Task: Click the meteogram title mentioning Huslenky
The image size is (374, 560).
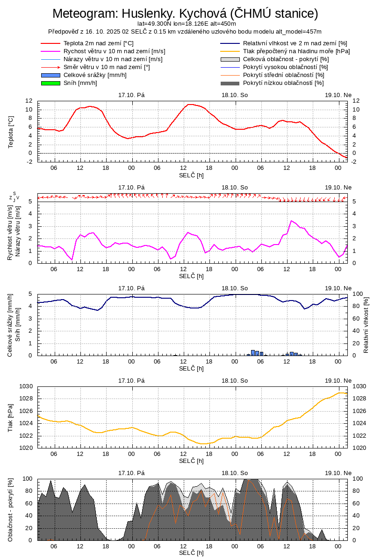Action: [x=185, y=14]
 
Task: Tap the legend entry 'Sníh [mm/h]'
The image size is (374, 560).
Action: [x=80, y=83]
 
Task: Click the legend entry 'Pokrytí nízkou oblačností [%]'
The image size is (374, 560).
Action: [x=283, y=83]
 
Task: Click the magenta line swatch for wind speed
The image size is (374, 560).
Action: [x=50, y=51]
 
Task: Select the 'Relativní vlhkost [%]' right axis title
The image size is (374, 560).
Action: [x=366, y=324]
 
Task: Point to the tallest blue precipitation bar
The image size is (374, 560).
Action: [x=253, y=352]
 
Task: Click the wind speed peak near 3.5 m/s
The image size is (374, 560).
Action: [x=291, y=221]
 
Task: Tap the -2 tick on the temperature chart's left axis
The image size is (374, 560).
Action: [x=29, y=161]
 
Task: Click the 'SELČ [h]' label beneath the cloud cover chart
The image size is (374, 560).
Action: [x=191, y=553]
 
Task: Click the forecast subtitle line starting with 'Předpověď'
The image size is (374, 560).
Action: [x=185, y=31]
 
